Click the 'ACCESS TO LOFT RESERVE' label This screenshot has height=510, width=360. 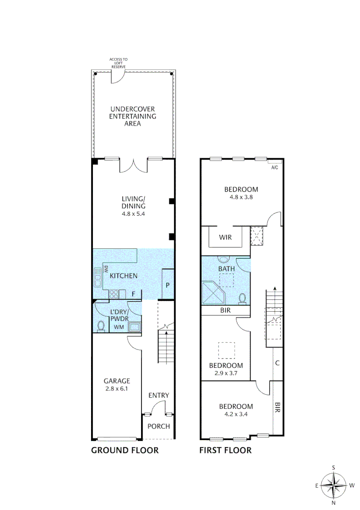[x=118, y=63]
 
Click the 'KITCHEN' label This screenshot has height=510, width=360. [x=124, y=276]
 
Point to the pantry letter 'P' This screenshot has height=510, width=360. [x=167, y=285]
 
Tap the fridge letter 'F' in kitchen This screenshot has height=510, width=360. [x=134, y=294]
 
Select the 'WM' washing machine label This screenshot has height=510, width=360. [x=118, y=327]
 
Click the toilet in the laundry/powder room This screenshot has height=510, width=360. [x=100, y=325]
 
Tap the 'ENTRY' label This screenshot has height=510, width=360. [x=159, y=395]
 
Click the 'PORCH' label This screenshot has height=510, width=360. [x=159, y=426]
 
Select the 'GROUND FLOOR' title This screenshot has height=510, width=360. [x=125, y=450]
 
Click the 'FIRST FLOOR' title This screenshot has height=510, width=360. [x=225, y=450]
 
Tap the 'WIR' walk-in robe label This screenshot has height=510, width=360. [x=225, y=237]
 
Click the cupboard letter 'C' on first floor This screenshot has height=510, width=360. [x=277, y=363]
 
